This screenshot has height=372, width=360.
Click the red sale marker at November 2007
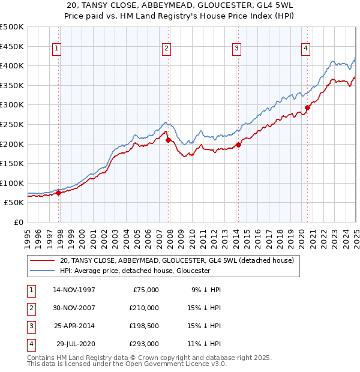pos(169,140)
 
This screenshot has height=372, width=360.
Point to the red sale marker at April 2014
pos(238,145)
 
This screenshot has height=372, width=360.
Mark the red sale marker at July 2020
pos(307,108)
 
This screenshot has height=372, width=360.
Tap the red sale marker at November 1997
pos(59,193)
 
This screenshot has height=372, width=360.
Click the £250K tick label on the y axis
pos(13,125)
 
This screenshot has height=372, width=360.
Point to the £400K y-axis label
pos(13,66)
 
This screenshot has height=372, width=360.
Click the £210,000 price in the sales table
pos(145,308)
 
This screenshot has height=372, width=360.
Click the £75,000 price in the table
pos(146,290)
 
